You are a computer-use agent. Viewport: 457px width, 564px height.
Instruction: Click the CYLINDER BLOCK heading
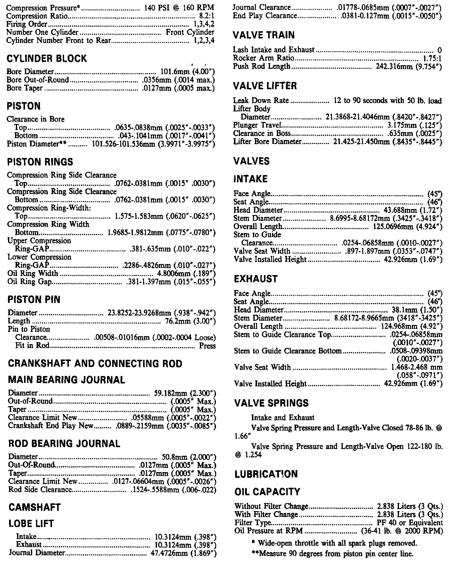[47, 58]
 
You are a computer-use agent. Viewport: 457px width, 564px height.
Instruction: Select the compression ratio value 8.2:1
[207, 16]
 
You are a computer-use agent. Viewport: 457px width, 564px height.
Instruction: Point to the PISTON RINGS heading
[40, 162]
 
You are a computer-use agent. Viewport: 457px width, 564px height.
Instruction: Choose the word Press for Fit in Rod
[207, 346]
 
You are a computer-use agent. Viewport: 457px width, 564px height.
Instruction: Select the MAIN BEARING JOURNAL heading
[66, 380]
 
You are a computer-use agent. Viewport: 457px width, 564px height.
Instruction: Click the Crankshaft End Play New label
[51, 426]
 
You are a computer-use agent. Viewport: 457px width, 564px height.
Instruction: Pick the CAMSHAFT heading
[35, 507]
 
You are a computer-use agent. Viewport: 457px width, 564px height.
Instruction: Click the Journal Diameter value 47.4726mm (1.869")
[183, 553]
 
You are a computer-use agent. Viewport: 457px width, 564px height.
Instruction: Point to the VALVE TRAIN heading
[264, 35]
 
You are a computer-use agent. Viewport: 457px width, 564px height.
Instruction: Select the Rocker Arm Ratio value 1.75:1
[432, 58]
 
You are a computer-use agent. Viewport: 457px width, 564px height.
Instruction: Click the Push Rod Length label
[262, 66]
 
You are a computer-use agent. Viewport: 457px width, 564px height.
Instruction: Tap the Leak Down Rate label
[261, 101]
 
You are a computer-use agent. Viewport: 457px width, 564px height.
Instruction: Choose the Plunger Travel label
[257, 125]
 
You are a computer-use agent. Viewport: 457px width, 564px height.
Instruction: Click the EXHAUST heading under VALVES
[256, 279]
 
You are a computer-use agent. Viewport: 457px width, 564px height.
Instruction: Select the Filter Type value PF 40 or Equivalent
[410, 523]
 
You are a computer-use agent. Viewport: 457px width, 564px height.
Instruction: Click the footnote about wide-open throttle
[334, 543]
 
